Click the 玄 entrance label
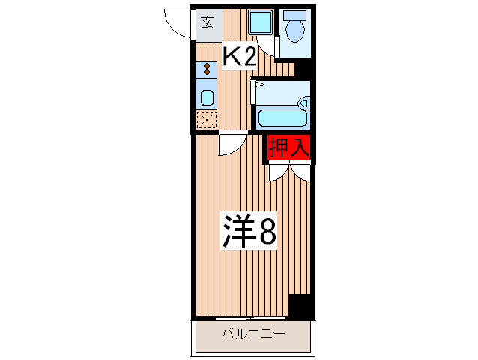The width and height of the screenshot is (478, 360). point(207,21)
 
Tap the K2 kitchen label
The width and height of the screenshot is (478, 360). point(240,56)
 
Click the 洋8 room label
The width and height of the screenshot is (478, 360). point(248,232)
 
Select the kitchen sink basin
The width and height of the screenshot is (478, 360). point(207,97)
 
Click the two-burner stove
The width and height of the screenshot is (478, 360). point(207,70)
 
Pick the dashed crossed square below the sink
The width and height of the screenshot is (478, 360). point(206,120)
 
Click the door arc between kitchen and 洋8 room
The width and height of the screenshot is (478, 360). point(232,145)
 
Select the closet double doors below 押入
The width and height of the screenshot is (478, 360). point(290,172)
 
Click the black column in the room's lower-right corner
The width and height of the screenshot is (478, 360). point(300,306)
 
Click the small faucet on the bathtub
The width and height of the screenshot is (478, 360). point(303,103)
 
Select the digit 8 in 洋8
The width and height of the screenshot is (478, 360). point(267,232)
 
